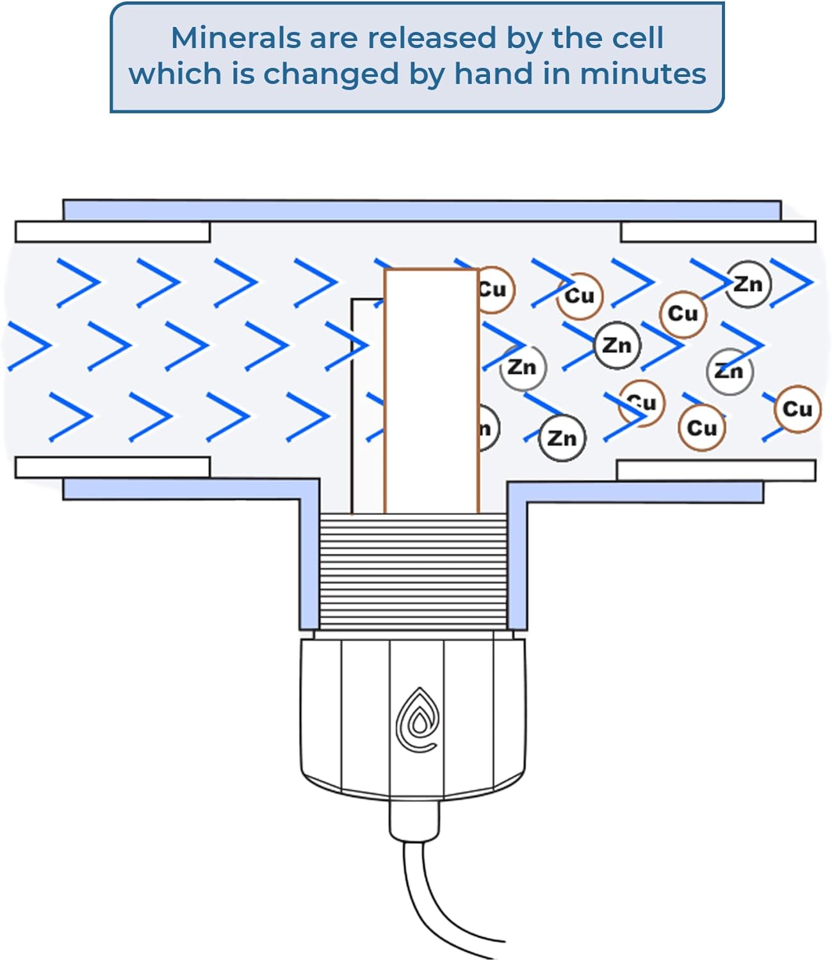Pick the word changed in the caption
point(331,74)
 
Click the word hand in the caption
point(493,74)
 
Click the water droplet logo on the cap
point(418,721)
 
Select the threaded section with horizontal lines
point(413,570)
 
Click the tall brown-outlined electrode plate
point(432,391)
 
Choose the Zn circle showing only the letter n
point(487,429)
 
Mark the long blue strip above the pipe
point(421,210)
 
